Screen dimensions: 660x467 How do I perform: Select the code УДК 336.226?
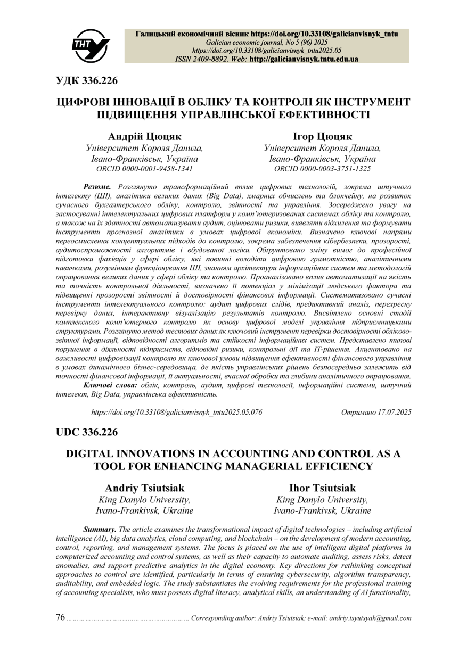87,80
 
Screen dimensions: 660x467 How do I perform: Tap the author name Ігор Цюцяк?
322,137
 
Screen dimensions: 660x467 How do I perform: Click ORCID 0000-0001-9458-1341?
144,169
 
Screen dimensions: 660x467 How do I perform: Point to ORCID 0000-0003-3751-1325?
322,169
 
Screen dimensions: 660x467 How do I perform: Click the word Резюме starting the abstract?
97,187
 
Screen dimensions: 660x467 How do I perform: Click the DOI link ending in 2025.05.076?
177,412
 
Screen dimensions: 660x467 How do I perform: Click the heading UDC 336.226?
87,432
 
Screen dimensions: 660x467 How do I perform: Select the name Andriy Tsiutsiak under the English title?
144,488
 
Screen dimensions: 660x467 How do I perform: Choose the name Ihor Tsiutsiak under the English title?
322,488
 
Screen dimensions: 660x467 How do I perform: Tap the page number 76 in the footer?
60,617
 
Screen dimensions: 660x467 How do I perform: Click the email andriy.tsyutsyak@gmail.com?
370,618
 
